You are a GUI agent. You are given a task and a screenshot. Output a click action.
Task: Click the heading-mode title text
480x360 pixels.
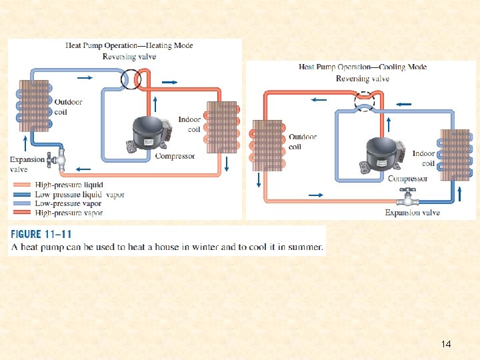pos(129,46)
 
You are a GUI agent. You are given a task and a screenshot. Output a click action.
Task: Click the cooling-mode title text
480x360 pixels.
pos(363,67)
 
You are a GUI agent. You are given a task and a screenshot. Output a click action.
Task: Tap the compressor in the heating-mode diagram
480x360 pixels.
pos(149,136)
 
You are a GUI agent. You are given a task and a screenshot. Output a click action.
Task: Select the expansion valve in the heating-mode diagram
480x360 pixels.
pos(61,159)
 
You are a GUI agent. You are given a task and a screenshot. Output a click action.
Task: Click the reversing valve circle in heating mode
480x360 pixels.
pos(131,79)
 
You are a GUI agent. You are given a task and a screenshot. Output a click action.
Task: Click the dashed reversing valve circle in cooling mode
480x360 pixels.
pos(364,101)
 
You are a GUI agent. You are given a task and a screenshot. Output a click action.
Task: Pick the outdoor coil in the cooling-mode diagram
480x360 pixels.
pos(267,145)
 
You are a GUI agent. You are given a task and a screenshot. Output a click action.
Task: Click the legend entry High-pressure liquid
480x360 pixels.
pos(69,185)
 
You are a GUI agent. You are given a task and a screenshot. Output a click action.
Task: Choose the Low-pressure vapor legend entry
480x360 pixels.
pos(67,204)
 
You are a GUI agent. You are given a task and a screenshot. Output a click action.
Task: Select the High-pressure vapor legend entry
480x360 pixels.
pos(69,213)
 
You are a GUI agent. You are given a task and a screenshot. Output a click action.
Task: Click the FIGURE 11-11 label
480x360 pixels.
pos(41,235)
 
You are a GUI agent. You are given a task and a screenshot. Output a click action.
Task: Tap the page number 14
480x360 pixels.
pos(446,344)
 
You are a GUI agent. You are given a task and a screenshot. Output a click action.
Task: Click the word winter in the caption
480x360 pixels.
pos(211,247)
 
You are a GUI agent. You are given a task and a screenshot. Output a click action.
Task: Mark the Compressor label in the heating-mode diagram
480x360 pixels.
pos(175,156)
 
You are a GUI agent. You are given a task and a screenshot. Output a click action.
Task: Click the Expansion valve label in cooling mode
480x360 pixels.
pos(412,213)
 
